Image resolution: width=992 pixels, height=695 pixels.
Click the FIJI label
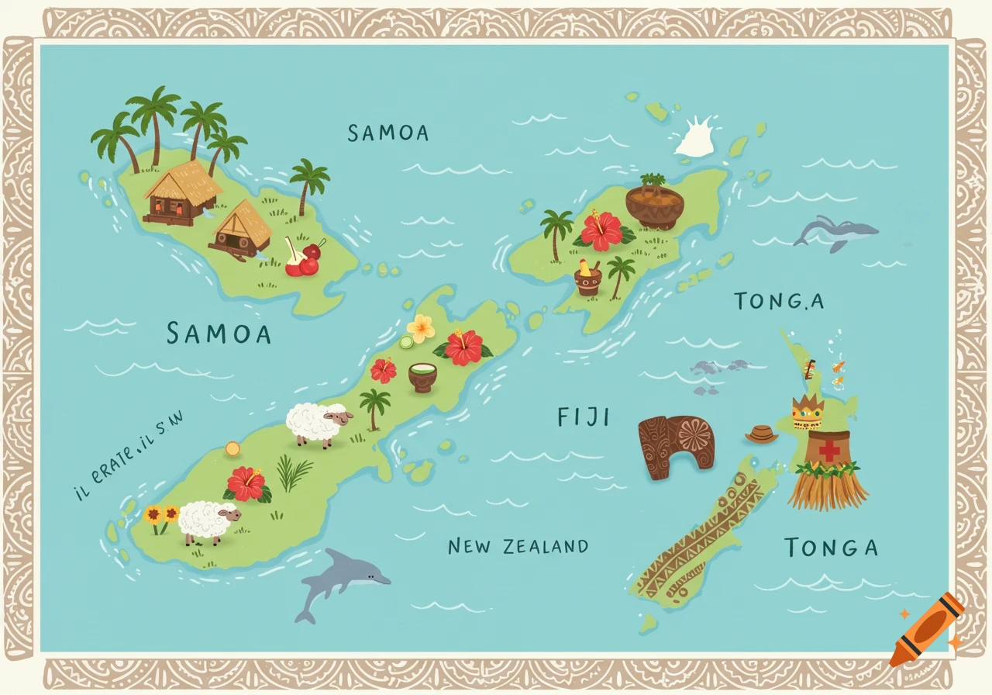pyautogui.click(x=584, y=418)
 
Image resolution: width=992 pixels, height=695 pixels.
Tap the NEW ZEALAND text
pyautogui.click(x=518, y=546)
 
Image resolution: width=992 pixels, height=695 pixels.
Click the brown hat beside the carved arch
pyautogui.click(x=761, y=434)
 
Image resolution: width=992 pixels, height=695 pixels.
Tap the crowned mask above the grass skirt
pyautogui.click(x=807, y=411)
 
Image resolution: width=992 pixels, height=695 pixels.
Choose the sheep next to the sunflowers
pyautogui.click(x=208, y=521)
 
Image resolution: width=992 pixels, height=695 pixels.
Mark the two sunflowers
pyautogui.click(x=160, y=517)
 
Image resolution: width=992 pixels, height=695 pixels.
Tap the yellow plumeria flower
pyautogui.click(x=421, y=328)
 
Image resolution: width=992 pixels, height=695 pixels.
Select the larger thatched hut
pyautogui.click(x=181, y=193)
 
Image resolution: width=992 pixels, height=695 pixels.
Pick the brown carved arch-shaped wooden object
pyautogui.click(x=676, y=445)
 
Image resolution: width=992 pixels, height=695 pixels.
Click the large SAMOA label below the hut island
pyautogui.click(x=219, y=334)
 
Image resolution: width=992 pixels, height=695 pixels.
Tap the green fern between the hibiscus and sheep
pyautogui.click(x=294, y=473)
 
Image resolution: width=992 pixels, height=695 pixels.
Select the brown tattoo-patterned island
pyautogui.click(x=701, y=535)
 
